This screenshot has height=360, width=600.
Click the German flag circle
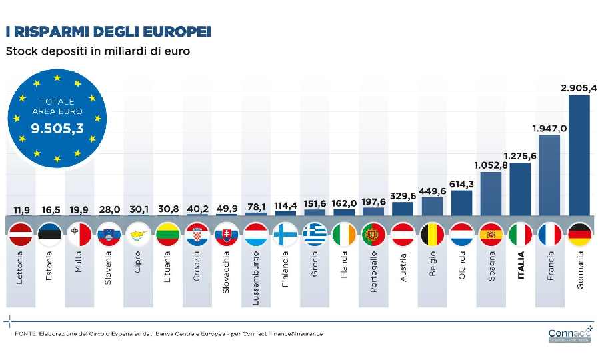579,234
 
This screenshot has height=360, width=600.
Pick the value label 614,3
461,183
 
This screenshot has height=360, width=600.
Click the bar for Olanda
461,204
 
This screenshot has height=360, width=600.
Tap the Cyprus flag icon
139,234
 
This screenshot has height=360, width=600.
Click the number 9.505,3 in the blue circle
57,128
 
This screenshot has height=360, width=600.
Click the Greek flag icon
315,234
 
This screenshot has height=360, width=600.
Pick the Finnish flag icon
285,234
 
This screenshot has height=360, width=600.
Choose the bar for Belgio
432,207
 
